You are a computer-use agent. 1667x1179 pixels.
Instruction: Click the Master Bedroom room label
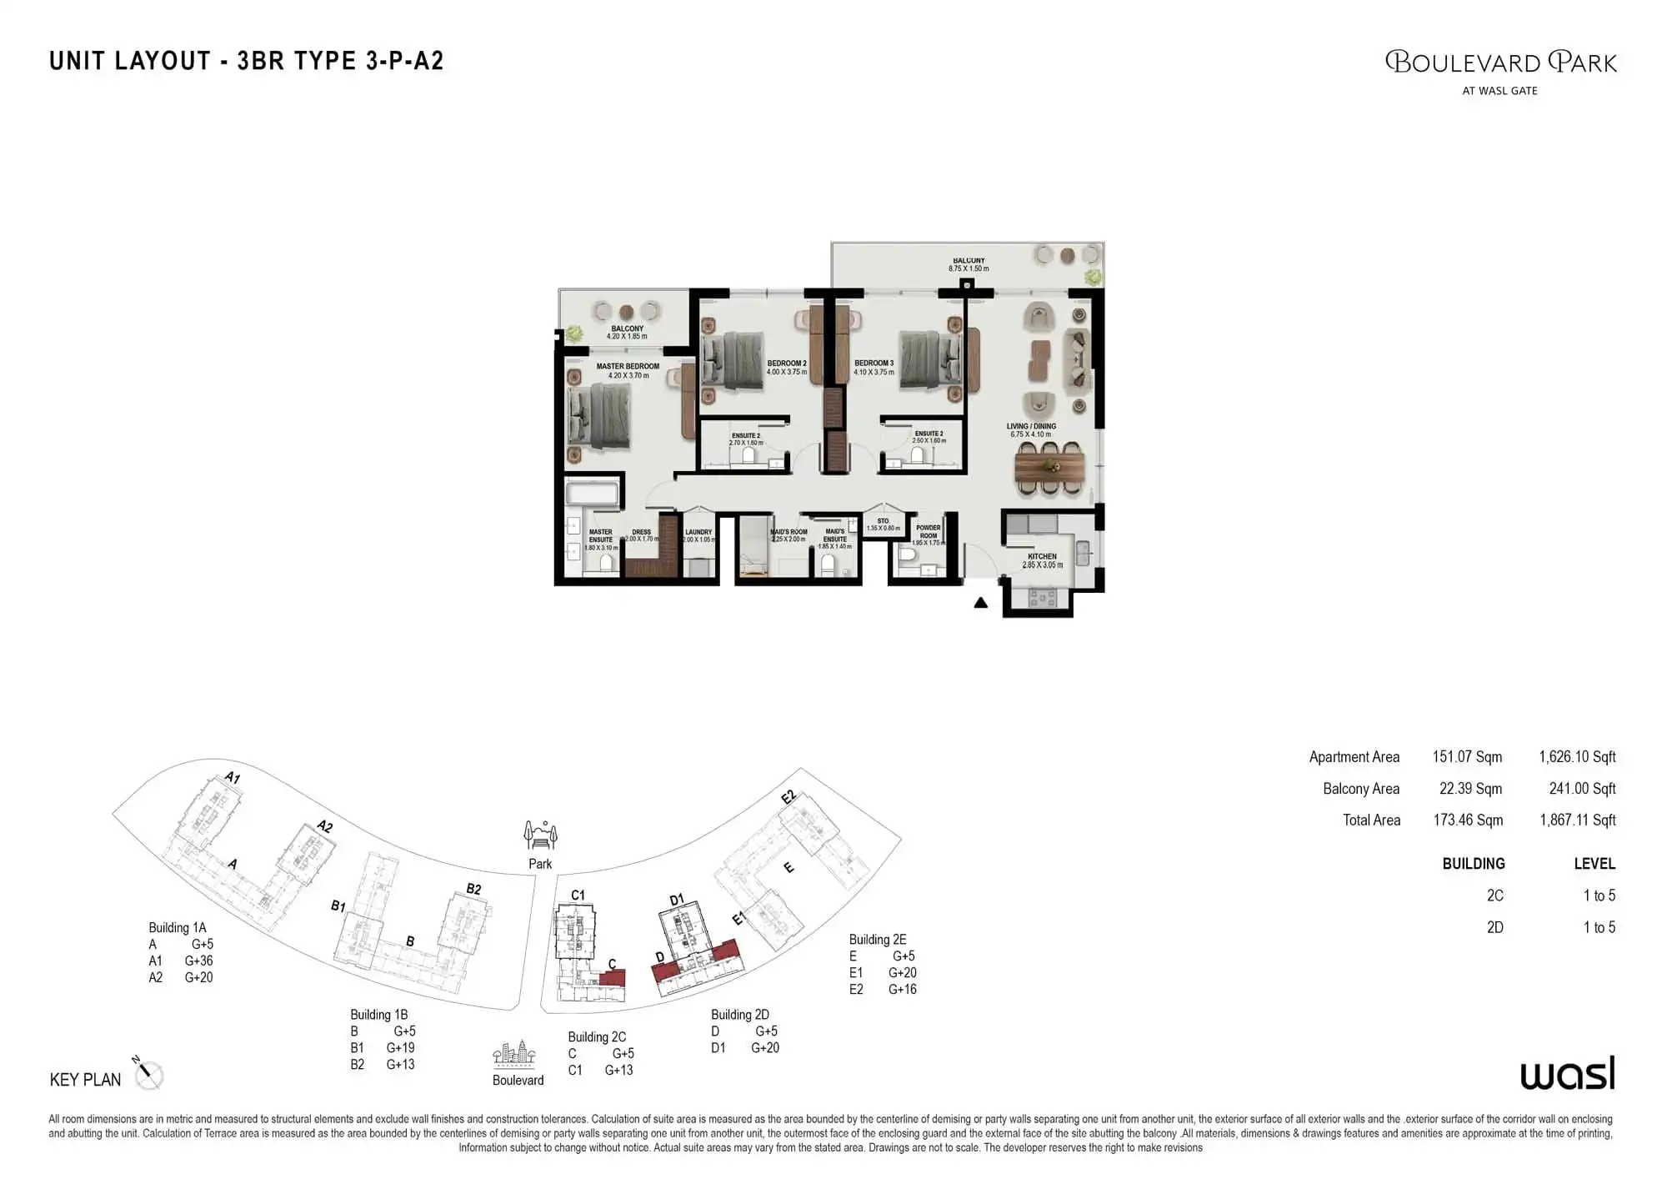pyautogui.click(x=627, y=367)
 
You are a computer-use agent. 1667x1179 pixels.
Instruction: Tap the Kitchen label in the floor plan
pyautogui.click(x=1042, y=556)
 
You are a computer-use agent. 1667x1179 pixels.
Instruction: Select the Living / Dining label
pyautogui.click(x=1031, y=426)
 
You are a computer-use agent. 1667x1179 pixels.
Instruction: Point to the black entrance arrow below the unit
pyautogui.click(x=981, y=603)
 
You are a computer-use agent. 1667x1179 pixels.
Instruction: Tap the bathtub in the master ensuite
pyautogui.click(x=592, y=494)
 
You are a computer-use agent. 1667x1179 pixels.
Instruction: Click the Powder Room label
pyautogui.click(x=928, y=532)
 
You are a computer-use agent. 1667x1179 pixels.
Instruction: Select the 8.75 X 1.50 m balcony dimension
pyautogui.click(x=968, y=269)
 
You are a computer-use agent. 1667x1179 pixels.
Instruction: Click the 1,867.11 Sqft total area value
pyautogui.click(x=1577, y=820)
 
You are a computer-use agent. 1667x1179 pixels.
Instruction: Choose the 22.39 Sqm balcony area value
pyautogui.click(x=1470, y=789)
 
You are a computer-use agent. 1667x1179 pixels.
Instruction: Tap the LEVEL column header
pyautogui.click(x=1594, y=864)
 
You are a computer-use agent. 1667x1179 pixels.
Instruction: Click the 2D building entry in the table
pyautogui.click(x=1494, y=927)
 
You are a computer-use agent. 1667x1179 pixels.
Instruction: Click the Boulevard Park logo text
pyautogui.click(x=1500, y=63)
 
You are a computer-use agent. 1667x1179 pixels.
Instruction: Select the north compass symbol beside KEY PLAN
pyautogui.click(x=148, y=1074)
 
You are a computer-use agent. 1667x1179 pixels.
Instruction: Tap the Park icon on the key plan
pyautogui.click(x=540, y=835)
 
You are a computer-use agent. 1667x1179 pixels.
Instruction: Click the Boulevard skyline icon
pyautogui.click(x=514, y=1055)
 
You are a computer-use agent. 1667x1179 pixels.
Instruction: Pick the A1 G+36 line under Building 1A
pyautogui.click(x=181, y=961)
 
